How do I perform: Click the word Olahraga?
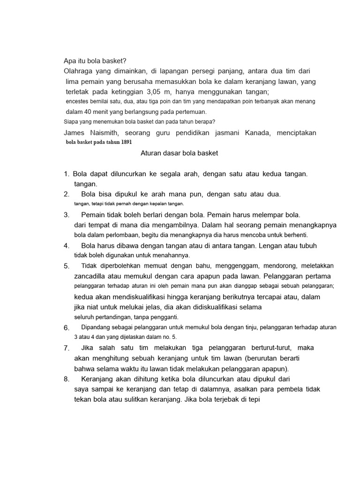[77, 71]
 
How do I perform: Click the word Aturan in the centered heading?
[151, 153]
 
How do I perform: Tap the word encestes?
[78, 102]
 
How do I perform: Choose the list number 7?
[67, 348]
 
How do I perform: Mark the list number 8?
[67, 379]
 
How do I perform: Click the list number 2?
[67, 194]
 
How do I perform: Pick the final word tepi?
[252, 399]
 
